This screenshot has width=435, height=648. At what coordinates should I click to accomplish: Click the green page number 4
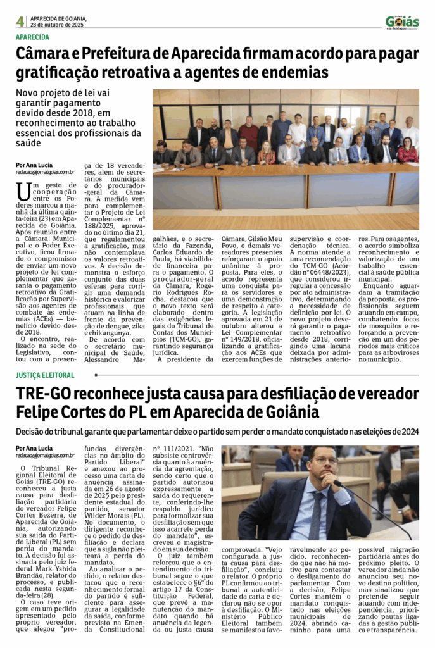pos(20,21)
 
